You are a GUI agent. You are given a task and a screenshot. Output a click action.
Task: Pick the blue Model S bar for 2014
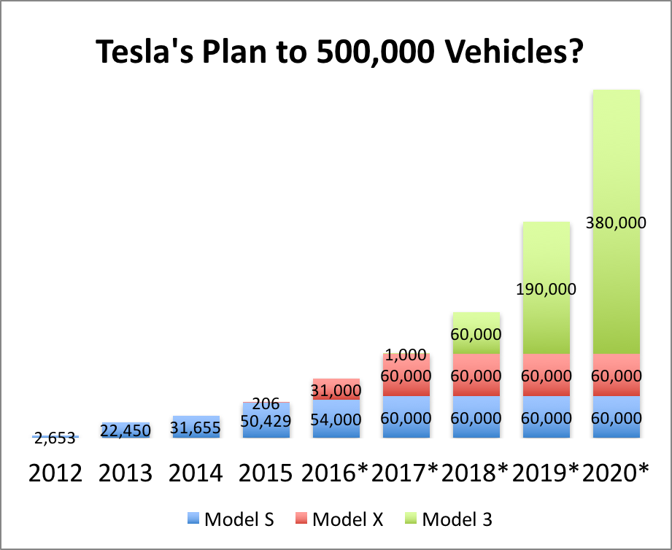pos(196,427)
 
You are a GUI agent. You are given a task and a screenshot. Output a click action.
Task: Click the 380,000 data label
pos(616,223)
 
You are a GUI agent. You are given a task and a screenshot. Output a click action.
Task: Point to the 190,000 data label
pos(546,289)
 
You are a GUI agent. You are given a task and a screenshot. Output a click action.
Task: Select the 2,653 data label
pos(55,439)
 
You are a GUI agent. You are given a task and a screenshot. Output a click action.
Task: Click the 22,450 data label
pos(125,431)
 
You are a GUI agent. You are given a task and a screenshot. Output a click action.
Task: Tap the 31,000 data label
pos(336,391)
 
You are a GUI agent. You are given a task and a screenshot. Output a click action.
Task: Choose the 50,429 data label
pos(266,421)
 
